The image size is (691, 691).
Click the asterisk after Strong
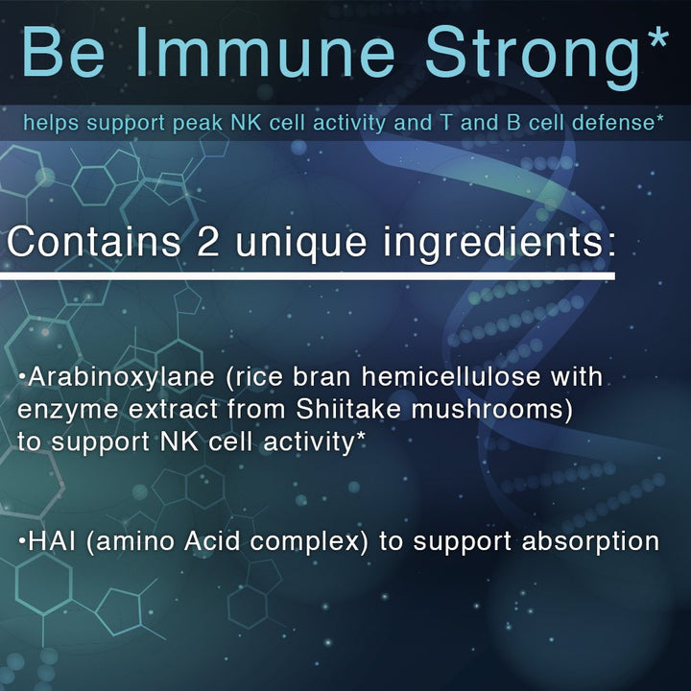click(x=655, y=38)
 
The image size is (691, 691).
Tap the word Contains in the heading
click(x=95, y=241)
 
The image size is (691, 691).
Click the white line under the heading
click(x=307, y=276)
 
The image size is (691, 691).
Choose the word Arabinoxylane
click(x=106, y=377)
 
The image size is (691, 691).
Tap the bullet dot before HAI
click(x=21, y=540)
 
